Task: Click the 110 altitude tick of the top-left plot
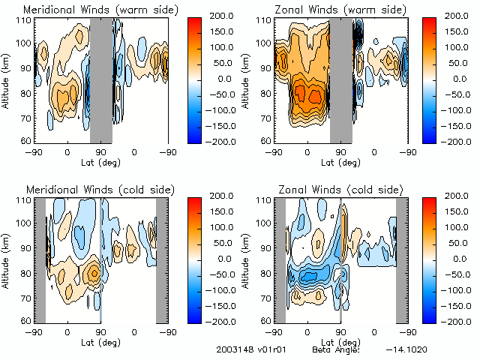pos(24,21)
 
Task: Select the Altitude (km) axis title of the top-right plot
pos(248,79)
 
